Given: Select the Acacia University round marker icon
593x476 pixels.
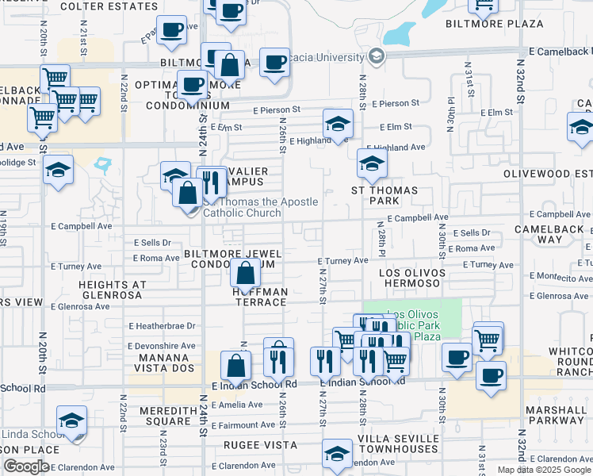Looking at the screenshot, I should (x=376, y=56).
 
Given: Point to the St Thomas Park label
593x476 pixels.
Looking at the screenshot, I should (x=385, y=196).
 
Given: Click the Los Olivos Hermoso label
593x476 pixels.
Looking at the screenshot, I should (x=409, y=278).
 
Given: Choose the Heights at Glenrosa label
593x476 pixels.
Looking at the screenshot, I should (x=111, y=290).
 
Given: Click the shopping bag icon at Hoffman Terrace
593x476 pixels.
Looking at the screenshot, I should (x=246, y=274).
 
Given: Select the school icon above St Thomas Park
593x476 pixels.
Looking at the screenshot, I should (x=371, y=163).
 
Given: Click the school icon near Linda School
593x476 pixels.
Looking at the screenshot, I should (x=71, y=420).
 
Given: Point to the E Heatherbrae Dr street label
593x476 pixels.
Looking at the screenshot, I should (x=161, y=326).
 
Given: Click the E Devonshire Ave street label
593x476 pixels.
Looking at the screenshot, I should (x=161, y=347).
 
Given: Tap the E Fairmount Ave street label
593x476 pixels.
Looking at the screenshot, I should (x=243, y=425).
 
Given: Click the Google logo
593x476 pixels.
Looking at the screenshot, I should (x=27, y=466).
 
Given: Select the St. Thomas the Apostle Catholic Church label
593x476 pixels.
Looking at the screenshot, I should (x=260, y=208).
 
